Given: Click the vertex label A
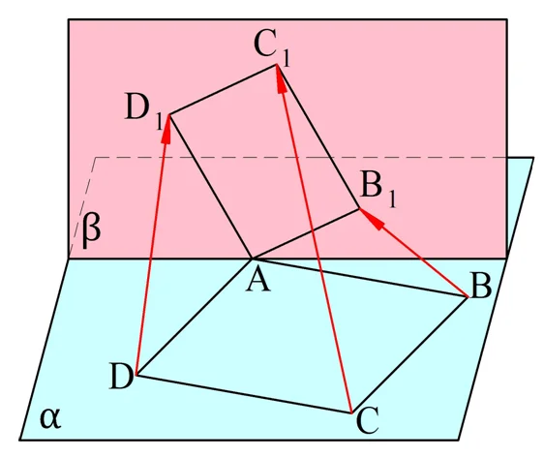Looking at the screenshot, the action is point(258,282).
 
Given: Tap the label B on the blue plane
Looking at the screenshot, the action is point(480,287).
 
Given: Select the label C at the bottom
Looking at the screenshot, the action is point(367,421).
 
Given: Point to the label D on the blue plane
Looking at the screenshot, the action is point(121,377).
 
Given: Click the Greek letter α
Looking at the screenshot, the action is point(50,418).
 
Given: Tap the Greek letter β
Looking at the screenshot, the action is point(91,231).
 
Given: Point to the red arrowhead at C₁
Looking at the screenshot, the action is point(281,79).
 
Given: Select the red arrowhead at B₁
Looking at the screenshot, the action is point(372,218).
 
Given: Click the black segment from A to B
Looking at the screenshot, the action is point(360,278).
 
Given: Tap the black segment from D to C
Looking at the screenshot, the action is point(244,394).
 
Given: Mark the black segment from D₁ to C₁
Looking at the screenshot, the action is point(223,89).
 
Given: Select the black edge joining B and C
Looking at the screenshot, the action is point(409,355).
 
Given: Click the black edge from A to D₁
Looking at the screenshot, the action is point(210,187).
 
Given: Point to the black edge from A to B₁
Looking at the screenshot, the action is point(306,233).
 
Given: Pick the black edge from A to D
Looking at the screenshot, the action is point(195,318).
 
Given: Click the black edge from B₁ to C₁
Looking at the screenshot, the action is point(317,137).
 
